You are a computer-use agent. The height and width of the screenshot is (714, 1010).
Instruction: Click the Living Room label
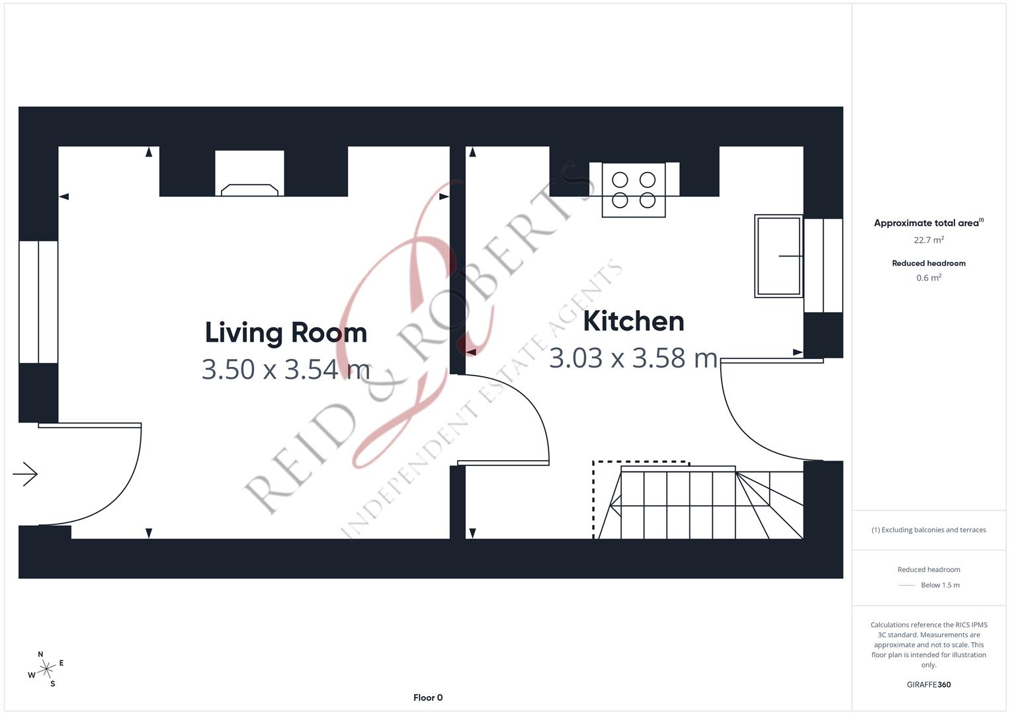(x=286, y=332)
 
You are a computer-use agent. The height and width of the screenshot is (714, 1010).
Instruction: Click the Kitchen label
(x=633, y=321)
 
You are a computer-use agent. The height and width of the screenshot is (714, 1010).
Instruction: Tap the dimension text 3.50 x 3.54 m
(x=286, y=370)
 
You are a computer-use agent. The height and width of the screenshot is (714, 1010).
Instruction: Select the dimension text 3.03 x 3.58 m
(x=633, y=358)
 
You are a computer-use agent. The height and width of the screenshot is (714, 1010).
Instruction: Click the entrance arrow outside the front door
(x=25, y=474)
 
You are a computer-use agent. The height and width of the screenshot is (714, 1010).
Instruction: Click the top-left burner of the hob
(x=620, y=179)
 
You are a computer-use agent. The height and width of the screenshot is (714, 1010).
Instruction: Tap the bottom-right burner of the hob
(x=648, y=200)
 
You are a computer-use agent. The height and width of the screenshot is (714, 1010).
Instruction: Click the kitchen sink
(x=779, y=256)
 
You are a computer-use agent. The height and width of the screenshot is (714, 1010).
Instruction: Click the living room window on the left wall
(x=38, y=301)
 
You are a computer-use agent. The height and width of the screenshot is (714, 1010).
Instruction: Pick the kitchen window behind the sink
(x=823, y=265)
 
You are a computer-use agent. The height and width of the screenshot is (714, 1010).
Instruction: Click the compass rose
(x=46, y=670)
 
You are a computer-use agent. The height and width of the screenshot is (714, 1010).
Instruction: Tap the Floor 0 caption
(x=428, y=697)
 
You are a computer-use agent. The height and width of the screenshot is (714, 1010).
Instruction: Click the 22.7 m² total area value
(x=929, y=240)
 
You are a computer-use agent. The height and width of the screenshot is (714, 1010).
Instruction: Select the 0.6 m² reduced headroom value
(x=929, y=278)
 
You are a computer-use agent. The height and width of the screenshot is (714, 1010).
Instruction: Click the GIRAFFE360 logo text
(x=929, y=684)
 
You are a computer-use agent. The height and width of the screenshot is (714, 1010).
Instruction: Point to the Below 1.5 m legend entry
(x=939, y=585)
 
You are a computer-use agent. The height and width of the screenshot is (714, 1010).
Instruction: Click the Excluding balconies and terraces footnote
(x=929, y=530)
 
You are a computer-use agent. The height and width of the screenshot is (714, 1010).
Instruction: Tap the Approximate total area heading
(x=927, y=223)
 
